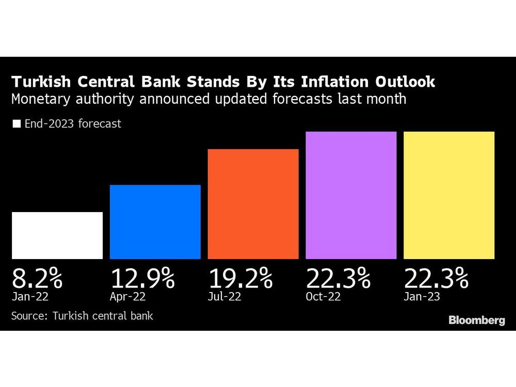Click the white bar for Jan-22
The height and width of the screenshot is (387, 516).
click(57, 235)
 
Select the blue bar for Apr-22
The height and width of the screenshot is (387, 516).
click(155, 222)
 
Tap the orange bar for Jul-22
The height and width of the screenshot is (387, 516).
click(253, 204)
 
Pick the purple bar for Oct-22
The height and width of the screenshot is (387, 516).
click(351, 195)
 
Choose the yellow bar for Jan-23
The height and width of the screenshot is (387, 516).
click(449, 195)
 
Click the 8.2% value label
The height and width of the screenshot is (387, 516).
click(37, 279)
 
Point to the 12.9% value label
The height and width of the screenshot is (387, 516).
click(142, 279)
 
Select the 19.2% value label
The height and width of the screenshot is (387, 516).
click(240, 279)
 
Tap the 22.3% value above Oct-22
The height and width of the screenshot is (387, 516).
click(338, 279)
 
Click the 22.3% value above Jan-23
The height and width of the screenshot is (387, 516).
click(436, 279)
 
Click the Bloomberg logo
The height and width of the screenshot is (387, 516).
click(476, 320)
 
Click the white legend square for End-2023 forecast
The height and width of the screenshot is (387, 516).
click(17, 124)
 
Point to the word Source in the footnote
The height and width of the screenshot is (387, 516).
click(28, 315)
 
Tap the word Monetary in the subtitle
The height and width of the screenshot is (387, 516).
click(38, 99)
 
